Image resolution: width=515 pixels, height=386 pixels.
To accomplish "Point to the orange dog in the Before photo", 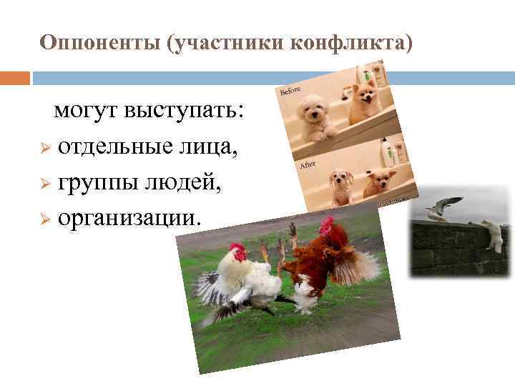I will tap(361, 100).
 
